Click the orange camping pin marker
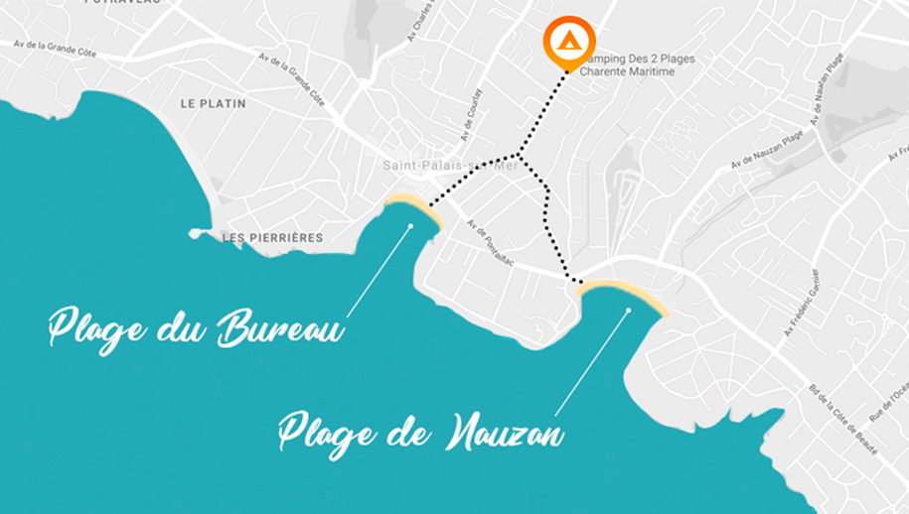569,42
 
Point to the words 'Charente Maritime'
634,71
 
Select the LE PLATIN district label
213,103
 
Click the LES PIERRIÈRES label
259,237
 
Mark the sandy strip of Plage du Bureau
413,206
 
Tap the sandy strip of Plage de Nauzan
624,292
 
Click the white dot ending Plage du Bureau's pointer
409,226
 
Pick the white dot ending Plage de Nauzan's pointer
628,311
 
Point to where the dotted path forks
519,156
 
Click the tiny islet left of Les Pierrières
195,234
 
